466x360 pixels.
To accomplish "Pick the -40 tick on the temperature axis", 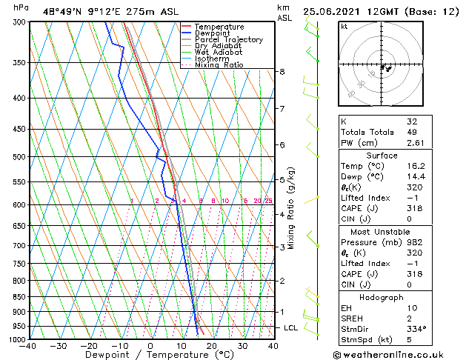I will (x=28, y=346).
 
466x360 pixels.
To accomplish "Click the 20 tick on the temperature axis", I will (x=212, y=346).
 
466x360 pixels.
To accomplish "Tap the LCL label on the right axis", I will (x=291, y=327).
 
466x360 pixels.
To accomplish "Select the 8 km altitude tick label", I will (x=282, y=72).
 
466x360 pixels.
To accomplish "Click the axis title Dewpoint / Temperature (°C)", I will (x=150, y=356).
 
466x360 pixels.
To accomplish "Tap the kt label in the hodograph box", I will (x=344, y=27).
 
